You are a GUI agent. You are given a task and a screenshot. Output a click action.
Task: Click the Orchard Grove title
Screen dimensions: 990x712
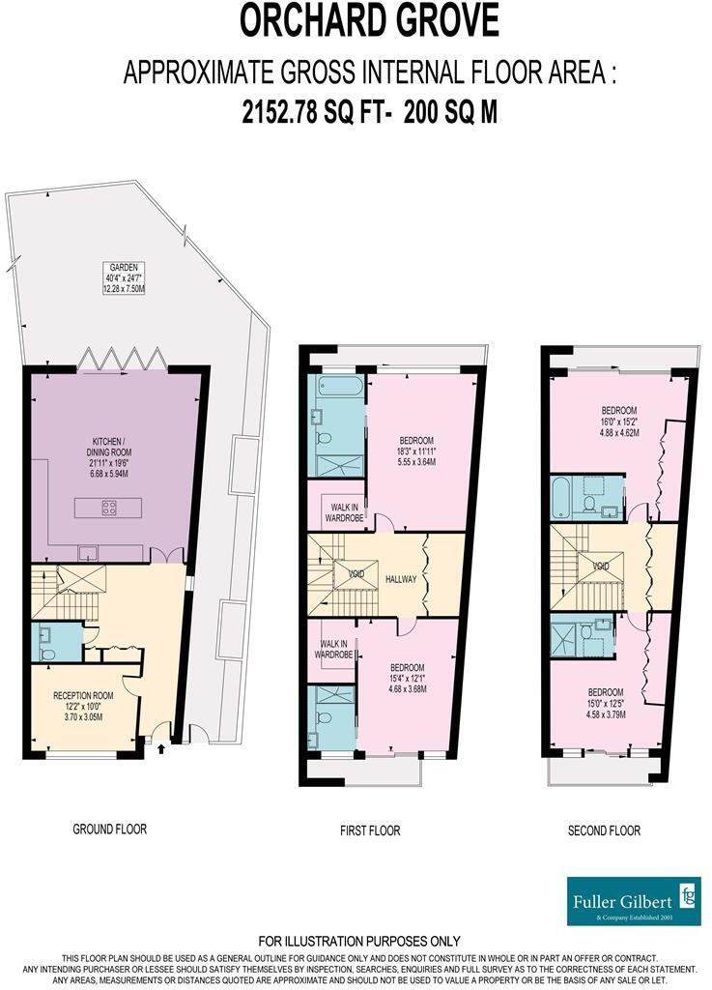click(370, 21)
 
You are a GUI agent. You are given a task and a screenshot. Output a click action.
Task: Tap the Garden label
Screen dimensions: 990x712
click(122, 276)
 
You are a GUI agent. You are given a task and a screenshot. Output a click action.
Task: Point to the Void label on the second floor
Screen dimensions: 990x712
click(601, 567)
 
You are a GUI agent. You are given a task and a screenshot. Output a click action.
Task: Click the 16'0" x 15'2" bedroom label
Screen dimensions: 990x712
click(619, 422)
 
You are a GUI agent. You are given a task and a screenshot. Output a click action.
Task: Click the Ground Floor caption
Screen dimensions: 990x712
click(110, 829)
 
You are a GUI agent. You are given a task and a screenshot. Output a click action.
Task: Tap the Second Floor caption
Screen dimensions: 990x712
click(604, 830)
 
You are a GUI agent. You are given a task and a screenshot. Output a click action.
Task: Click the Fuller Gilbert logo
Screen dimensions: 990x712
click(633, 901)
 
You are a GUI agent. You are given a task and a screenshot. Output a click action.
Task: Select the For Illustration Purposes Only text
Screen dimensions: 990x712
click(359, 941)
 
